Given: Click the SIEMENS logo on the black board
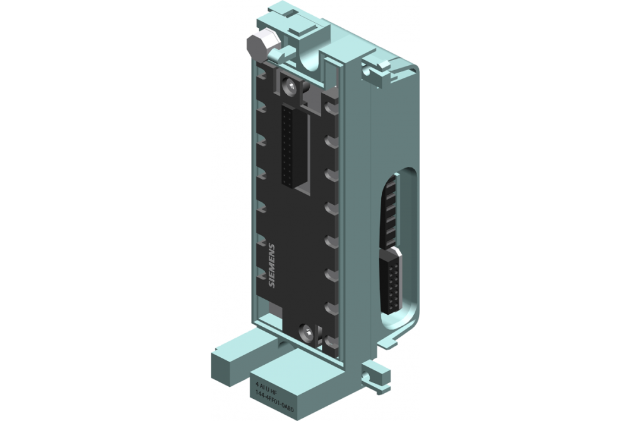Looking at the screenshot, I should pyautogui.click(x=272, y=265).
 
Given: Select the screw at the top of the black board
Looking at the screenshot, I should pyautogui.click(x=290, y=86).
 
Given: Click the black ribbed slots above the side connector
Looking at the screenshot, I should pyautogui.click(x=391, y=212).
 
